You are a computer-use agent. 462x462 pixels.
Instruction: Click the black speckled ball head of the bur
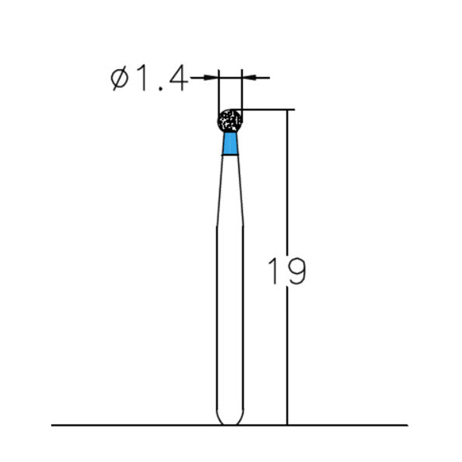point(230,121)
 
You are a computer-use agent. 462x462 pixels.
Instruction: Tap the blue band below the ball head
point(230,144)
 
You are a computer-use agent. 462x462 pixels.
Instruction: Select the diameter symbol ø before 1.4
point(119,79)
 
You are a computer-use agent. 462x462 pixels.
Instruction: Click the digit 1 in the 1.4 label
point(143,79)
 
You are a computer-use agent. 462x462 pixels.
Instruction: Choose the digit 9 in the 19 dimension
point(296,271)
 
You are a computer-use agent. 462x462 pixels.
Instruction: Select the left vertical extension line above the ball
point(219,92)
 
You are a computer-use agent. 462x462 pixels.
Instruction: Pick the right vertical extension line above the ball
point(242,92)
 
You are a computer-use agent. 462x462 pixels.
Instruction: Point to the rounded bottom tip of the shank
point(230,421)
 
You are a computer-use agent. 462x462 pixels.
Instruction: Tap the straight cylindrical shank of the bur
point(230,318)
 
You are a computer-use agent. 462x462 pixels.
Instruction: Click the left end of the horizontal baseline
point(53,425)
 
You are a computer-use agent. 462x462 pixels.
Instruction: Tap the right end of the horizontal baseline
point(406,425)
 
